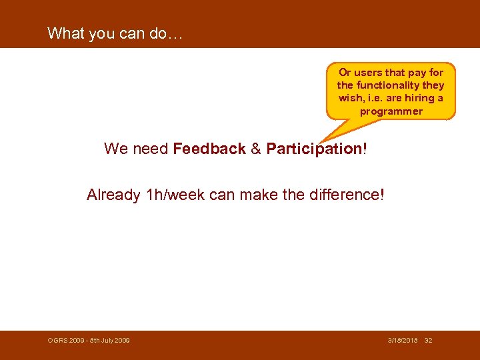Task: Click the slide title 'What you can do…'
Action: [x=115, y=33]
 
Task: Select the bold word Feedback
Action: [x=209, y=149]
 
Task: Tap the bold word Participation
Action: [x=313, y=149]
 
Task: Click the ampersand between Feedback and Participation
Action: [x=256, y=149]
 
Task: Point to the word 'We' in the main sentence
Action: [x=116, y=149]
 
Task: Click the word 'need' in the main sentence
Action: [x=151, y=149]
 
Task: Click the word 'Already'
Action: [x=113, y=195]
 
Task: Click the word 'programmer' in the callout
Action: [x=391, y=111]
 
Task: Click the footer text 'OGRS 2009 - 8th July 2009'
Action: [x=89, y=341]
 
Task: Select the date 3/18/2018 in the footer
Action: [x=403, y=341]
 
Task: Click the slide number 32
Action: [x=429, y=341]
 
